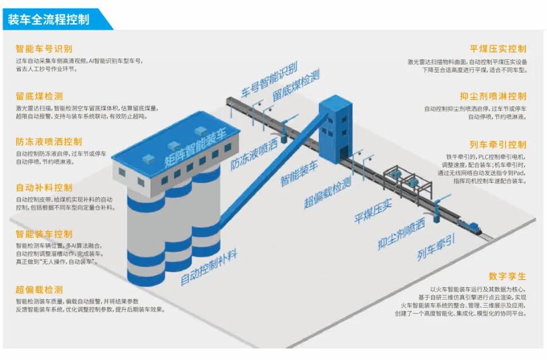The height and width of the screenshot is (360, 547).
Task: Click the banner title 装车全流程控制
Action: tap(48, 19)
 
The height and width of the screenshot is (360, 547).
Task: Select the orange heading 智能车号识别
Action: tap(44, 49)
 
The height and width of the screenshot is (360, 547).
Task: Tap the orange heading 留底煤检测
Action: tap(39, 96)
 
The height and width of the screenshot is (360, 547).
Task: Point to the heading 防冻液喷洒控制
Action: tap(49, 142)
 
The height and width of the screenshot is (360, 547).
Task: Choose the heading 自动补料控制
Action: tap(44, 188)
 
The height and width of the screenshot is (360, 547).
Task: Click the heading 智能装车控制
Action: tap(44, 234)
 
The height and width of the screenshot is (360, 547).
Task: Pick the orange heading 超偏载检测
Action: tap(39, 290)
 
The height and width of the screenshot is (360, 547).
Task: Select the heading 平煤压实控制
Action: tap(498, 49)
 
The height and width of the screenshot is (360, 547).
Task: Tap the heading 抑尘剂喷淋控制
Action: tap(493, 96)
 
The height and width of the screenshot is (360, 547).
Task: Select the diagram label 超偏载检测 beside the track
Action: tap(327, 193)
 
